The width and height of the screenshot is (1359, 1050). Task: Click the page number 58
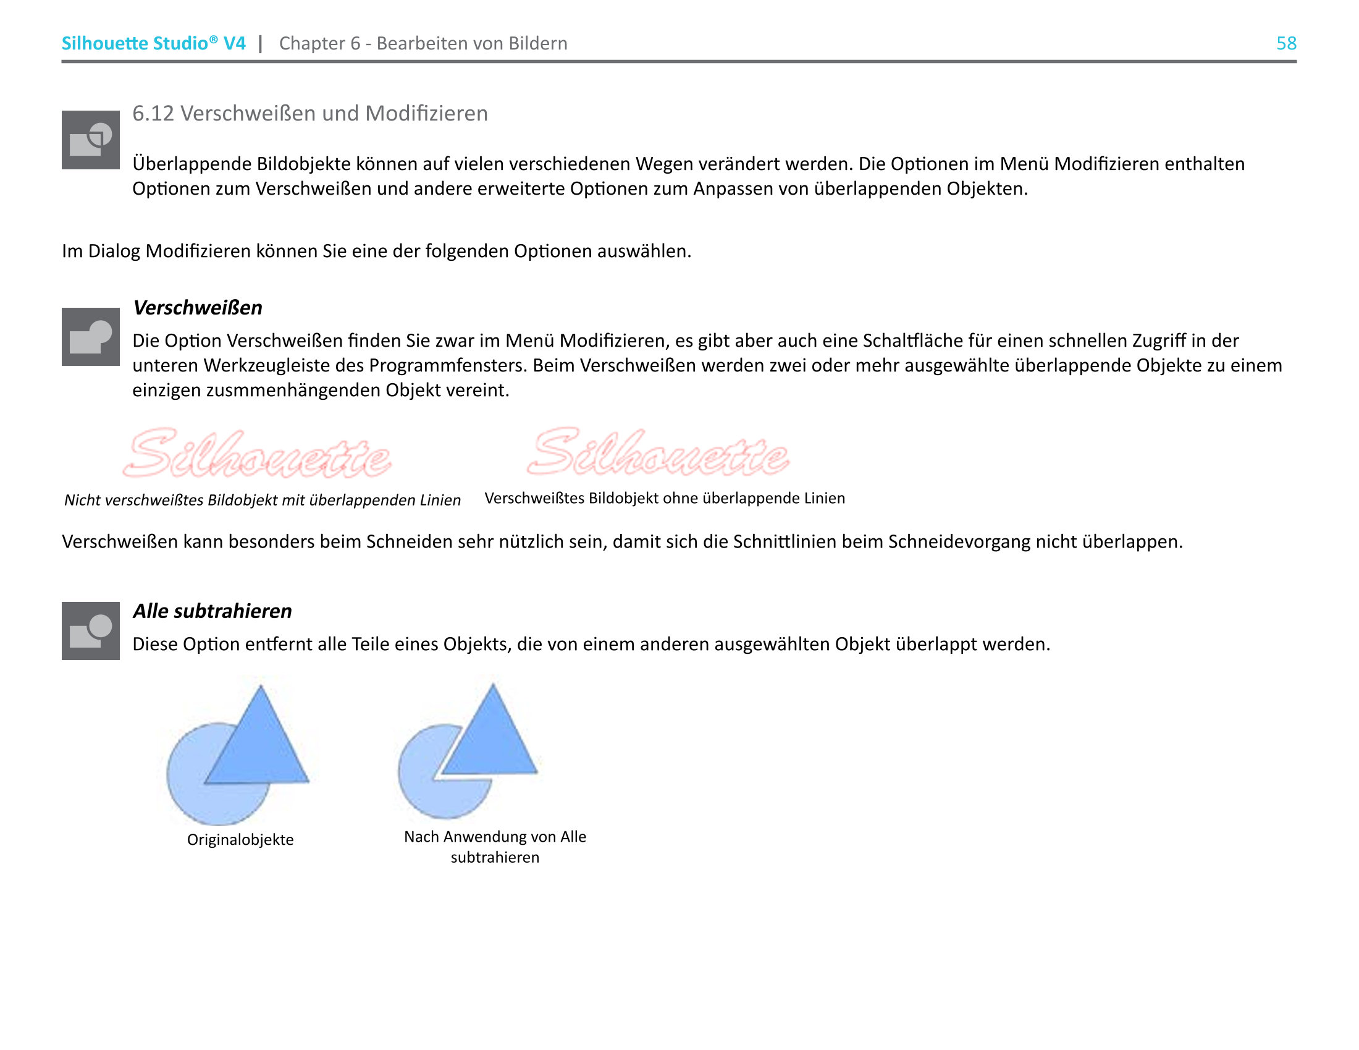[x=1286, y=43]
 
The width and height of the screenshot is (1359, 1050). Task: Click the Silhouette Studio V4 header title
[x=153, y=43]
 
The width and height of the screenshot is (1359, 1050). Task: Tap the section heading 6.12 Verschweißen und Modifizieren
[x=310, y=113]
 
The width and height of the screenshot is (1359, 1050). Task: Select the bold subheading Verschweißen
[x=197, y=308]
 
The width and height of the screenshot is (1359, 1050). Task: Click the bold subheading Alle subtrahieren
[x=212, y=611]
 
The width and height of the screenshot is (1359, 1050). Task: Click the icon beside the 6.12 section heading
[x=90, y=140]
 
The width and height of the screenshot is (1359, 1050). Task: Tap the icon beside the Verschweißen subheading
[x=90, y=337]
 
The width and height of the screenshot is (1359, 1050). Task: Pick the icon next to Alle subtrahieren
[x=90, y=630]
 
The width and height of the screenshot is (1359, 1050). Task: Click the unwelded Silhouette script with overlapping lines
[x=257, y=453]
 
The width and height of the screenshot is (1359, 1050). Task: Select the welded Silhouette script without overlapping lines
[x=658, y=452]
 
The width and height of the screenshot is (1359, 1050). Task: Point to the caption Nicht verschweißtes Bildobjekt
[x=262, y=500]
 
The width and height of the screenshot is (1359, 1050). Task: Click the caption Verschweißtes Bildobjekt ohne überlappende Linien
[x=665, y=498]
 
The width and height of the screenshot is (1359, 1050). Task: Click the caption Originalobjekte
[x=240, y=840]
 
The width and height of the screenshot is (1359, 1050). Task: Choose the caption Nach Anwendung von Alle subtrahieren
[x=495, y=847]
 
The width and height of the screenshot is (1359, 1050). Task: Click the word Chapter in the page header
[x=312, y=43]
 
